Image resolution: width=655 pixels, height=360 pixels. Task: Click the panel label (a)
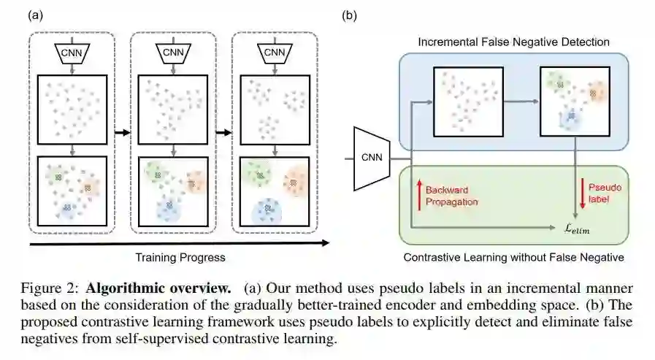click(34, 14)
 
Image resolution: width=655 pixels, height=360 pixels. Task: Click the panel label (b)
click(350, 14)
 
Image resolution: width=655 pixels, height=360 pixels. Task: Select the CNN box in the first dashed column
click(71, 53)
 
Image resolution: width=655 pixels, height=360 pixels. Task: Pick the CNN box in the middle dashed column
click(173, 53)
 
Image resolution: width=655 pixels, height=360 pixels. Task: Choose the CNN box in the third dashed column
click(275, 53)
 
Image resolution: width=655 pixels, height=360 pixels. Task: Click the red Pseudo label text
click(603, 194)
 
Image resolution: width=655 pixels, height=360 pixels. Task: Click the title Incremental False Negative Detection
click(513, 42)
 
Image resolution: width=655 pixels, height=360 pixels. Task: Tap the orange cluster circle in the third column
click(296, 180)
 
